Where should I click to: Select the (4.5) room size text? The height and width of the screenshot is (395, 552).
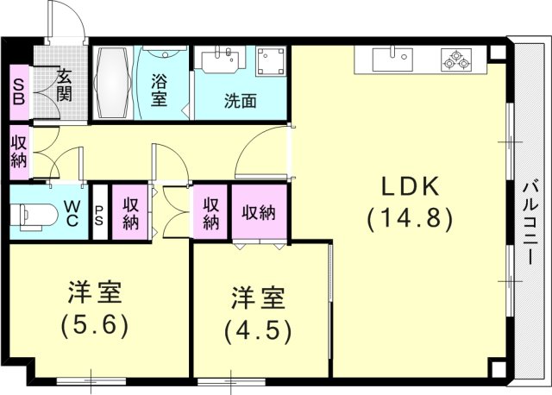pyautogui.click(x=258, y=330)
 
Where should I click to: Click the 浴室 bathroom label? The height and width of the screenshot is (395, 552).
pyautogui.click(x=159, y=91)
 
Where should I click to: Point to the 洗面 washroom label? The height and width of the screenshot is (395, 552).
pyautogui.click(x=241, y=101)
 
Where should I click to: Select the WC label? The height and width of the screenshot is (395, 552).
pyautogui.click(x=72, y=214)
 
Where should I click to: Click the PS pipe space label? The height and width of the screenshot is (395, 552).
pyautogui.click(x=99, y=214)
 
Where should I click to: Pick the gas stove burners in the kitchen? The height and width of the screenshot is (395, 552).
pyautogui.click(x=455, y=60)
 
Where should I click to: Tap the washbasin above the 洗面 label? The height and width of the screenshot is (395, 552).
pyautogui.click(x=222, y=61)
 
